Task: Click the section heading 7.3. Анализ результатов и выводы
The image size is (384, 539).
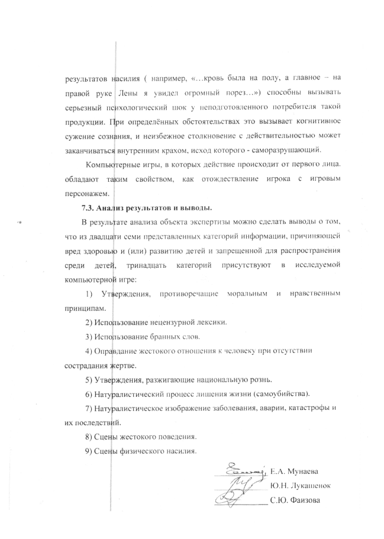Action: point(147,208)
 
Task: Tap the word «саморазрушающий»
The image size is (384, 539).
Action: point(288,150)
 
